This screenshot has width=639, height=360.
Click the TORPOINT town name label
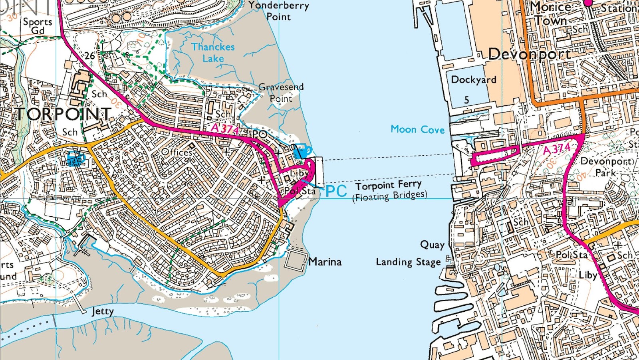point(63,114)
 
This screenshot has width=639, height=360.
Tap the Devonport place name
point(529,54)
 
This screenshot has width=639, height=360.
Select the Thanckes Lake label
point(213,52)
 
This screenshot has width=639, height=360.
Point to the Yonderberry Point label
point(279,11)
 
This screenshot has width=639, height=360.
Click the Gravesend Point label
point(281,92)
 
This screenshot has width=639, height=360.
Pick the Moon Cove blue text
point(417,129)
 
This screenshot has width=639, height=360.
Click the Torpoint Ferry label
point(388,185)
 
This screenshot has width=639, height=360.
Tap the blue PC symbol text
point(336,191)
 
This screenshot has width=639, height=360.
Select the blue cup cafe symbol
point(302,151)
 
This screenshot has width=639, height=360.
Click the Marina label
point(325,262)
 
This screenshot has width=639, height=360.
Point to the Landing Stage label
point(408,262)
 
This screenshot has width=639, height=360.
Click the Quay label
point(432,244)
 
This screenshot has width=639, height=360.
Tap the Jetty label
point(103,311)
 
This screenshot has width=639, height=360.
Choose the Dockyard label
point(474,79)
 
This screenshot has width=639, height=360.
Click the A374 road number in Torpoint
point(224,129)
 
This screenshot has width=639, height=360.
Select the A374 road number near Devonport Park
point(557,149)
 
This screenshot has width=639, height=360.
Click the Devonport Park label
point(606,167)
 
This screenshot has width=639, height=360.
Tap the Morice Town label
point(551,14)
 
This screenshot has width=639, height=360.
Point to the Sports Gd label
point(38,26)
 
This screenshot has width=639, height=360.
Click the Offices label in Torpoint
point(177,152)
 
